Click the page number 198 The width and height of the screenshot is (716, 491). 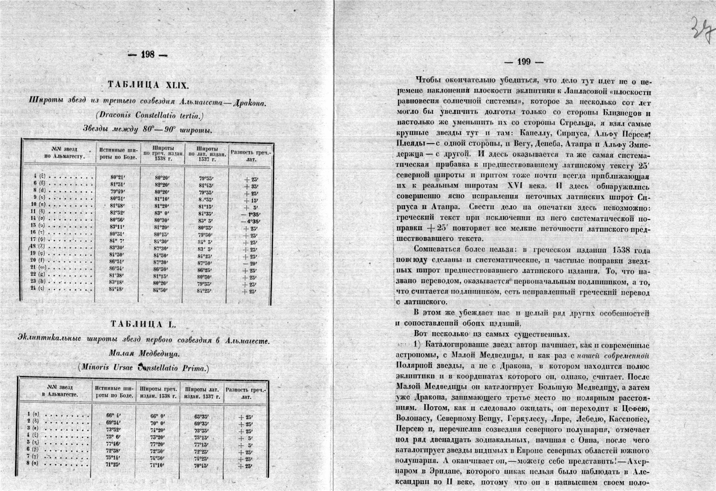click(x=148, y=55)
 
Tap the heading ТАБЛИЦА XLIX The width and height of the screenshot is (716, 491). click(x=148, y=85)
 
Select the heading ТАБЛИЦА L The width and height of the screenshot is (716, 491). click(x=147, y=324)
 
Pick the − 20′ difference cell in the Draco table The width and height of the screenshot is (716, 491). click(x=250, y=263)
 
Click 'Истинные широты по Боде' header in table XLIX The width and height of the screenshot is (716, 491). click(x=119, y=153)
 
